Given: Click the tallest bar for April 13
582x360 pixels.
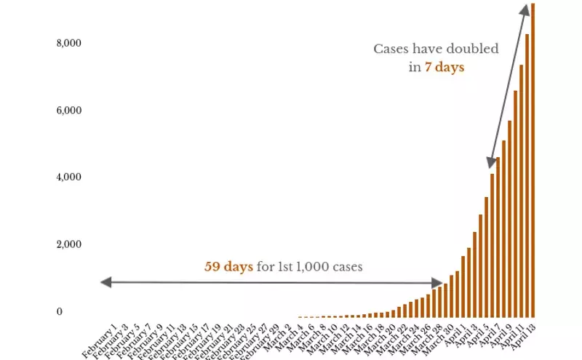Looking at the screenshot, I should [533, 160].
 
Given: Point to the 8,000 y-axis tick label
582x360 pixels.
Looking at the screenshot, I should [69, 44].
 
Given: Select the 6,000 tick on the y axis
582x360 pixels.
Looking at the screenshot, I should [69, 111].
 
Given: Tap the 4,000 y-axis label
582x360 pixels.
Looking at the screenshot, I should [69, 177].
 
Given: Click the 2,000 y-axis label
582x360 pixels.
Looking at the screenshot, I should [69, 244].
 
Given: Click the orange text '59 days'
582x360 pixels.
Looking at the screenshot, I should [228, 267].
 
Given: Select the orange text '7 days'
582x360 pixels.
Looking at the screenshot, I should [445, 67].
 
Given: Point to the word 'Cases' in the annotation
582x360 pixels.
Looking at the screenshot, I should [391, 49].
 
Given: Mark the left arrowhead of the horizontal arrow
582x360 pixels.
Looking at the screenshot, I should [104, 281].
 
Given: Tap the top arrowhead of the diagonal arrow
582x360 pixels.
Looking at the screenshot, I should [524, 9].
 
